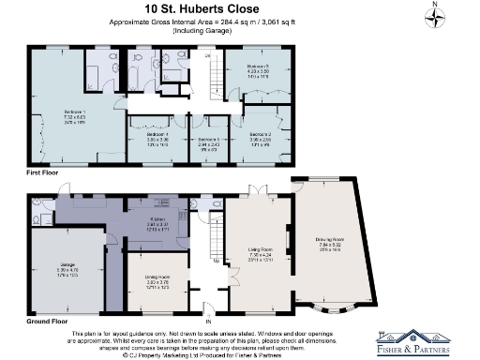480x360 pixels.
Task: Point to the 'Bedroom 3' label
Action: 257,67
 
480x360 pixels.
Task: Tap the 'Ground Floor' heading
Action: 49,322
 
